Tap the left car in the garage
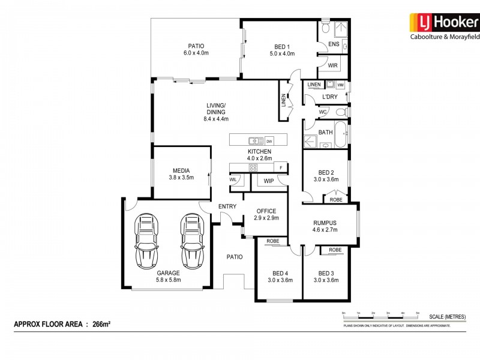coord(146,241)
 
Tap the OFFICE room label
coord(266,211)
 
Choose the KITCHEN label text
coord(259,151)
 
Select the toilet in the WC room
coord(341,112)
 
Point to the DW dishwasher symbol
coord(269,141)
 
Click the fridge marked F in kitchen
coord(279,167)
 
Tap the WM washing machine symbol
coord(340,85)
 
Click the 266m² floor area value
coord(101,324)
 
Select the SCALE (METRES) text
coord(447,316)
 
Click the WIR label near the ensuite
coord(332,65)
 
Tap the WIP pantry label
coord(268,180)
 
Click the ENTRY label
coord(227,206)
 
